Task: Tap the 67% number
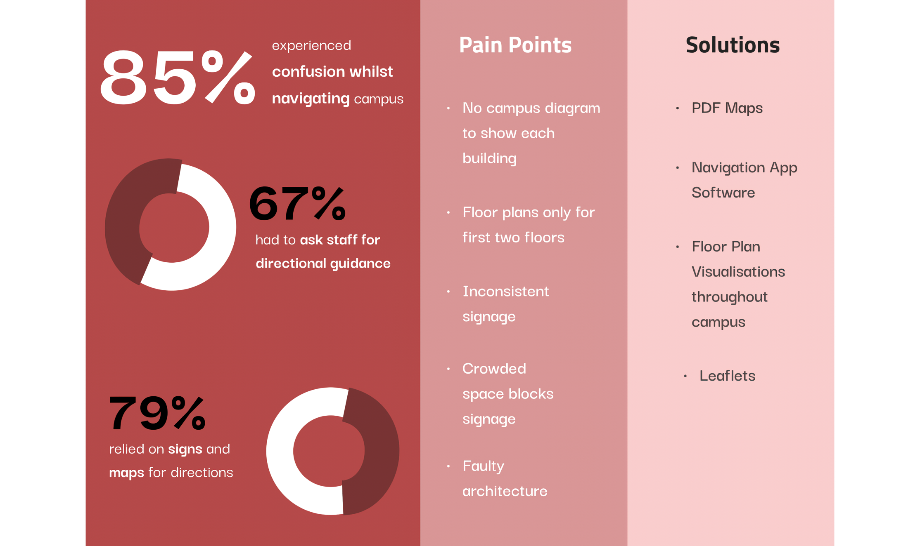point(297,203)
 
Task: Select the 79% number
point(157,412)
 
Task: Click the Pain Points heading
point(515,45)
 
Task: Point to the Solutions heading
point(733,45)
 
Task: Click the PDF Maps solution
point(727,108)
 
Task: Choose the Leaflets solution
point(727,376)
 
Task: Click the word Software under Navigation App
point(723,193)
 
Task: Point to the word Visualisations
point(738,272)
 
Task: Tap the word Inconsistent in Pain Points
point(505,292)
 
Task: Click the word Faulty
point(483,466)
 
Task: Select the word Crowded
point(494,368)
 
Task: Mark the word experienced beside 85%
point(311,45)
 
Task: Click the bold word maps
point(126,473)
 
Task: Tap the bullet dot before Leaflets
point(685,376)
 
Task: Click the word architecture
point(505,491)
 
